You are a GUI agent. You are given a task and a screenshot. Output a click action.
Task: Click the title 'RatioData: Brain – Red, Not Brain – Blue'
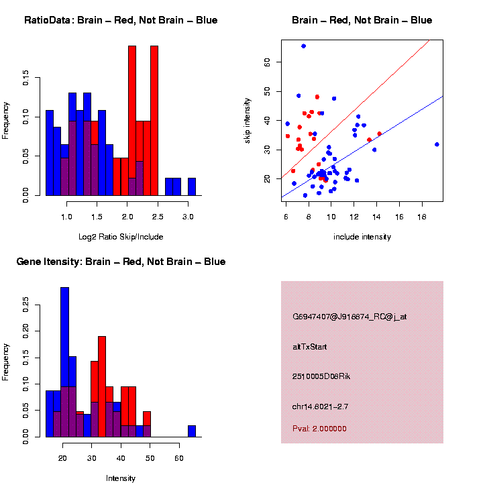pyautogui.click(x=121, y=20)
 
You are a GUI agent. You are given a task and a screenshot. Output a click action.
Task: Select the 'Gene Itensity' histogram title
pyautogui.click(x=121, y=261)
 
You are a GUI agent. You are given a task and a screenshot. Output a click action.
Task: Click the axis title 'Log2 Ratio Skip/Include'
pyautogui.click(x=121, y=237)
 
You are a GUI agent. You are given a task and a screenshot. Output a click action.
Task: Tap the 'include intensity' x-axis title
pyautogui.click(x=362, y=237)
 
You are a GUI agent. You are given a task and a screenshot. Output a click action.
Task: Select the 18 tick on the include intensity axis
pyautogui.click(x=422, y=218)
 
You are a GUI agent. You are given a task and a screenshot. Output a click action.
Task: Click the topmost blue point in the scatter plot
pyautogui.click(x=303, y=46)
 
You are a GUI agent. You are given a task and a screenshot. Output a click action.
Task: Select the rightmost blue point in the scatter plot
pyautogui.click(x=437, y=144)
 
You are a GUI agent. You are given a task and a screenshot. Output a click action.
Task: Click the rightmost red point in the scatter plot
pyautogui.click(x=379, y=133)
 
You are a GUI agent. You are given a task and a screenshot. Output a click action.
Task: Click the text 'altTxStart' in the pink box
pyautogui.click(x=310, y=347)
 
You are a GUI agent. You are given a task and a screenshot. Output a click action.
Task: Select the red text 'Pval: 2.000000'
pyautogui.click(x=320, y=429)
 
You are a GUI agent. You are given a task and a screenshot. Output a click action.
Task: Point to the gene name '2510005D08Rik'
pyautogui.click(x=321, y=376)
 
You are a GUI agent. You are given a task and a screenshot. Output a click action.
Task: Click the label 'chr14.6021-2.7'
pyautogui.click(x=320, y=407)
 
